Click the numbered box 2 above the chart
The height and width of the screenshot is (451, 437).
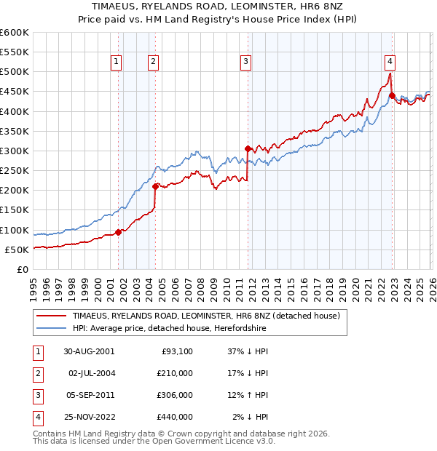[x=154, y=62]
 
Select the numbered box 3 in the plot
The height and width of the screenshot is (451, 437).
[x=246, y=62]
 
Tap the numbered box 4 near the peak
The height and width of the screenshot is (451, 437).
[x=390, y=62]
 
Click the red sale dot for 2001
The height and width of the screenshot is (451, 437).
[x=119, y=233]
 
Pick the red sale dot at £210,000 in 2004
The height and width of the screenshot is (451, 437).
[x=155, y=186]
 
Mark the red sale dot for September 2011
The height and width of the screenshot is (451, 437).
[x=248, y=148]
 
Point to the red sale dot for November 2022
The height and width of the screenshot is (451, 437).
[x=392, y=95]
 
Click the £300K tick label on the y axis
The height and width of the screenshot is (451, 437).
[x=15, y=151]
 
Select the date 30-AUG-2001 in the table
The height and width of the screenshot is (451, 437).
[x=88, y=351]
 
